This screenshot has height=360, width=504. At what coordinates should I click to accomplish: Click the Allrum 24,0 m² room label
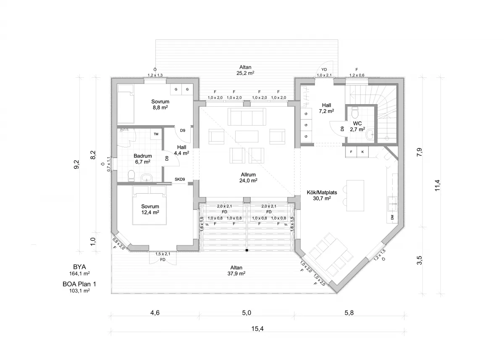click(x=248, y=178)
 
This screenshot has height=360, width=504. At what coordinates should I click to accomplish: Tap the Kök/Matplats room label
click(x=322, y=195)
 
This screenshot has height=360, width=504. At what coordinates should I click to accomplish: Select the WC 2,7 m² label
click(x=357, y=126)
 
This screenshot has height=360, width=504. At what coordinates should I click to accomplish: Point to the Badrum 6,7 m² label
click(x=143, y=159)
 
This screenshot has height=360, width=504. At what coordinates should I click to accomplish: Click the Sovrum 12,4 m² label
click(x=150, y=210)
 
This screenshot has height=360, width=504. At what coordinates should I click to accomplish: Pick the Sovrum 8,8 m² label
click(x=160, y=105)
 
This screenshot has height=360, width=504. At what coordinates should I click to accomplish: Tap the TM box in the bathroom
click(x=156, y=134)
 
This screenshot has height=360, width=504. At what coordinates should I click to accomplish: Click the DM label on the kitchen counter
click(x=392, y=217)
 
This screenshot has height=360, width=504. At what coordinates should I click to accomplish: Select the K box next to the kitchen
click(x=363, y=152)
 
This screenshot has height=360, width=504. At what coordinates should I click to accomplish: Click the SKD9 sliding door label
click(x=180, y=179)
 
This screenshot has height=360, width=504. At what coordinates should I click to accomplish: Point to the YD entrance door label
click(x=324, y=70)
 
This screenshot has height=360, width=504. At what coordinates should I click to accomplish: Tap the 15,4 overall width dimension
click(x=257, y=329)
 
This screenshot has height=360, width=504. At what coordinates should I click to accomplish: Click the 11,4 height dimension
click(x=437, y=185)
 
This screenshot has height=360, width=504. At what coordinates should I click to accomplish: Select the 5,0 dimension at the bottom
click(x=247, y=313)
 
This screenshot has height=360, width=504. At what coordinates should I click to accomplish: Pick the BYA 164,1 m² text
click(x=79, y=270)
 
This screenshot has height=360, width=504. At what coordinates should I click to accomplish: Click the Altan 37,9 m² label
click(x=236, y=271)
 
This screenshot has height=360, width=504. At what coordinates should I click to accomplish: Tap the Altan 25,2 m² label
click(x=245, y=70)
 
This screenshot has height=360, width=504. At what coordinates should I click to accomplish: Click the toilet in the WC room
click(x=355, y=112)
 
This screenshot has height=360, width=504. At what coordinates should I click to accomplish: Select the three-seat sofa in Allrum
click(x=247, y=117)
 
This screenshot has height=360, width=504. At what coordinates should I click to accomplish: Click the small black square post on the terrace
click(x=247, y=250)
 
